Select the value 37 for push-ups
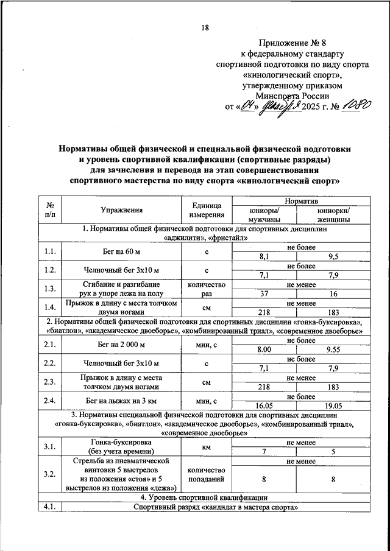(x=264, y=293)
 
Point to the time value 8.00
(x=264, y=350)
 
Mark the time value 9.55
(x=333, y=350)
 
